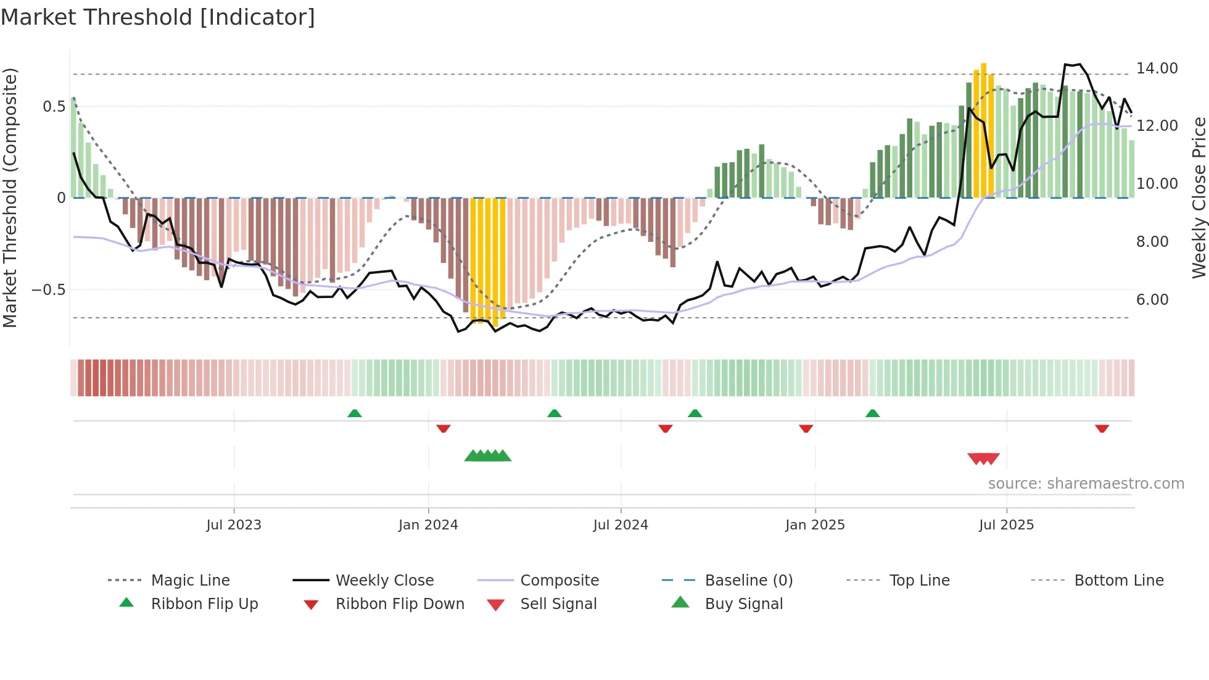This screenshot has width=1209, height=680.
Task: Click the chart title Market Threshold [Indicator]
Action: click(x=158, y=17)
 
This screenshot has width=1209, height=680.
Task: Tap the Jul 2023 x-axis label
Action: click(x=234, y=525)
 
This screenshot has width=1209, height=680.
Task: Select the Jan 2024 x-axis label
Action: click(x=428, y=525)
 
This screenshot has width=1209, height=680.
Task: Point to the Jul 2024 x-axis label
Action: click(x=621, y=525)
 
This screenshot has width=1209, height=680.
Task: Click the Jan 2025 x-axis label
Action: click(x=815, y=525)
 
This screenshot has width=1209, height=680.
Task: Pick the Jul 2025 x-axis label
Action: click(x=1006, y=525)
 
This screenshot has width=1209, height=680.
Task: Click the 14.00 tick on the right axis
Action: click(x=1157, y=68)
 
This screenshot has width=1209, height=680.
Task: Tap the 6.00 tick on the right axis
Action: click(x=1152, y=300)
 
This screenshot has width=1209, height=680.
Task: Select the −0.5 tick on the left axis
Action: click(x=49, y=290)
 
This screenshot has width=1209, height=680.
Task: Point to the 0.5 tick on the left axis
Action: click(x=54, y=107)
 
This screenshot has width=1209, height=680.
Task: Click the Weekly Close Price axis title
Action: click(x=1199, y=197)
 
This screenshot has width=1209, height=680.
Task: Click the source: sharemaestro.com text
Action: click(x=1086, y=484)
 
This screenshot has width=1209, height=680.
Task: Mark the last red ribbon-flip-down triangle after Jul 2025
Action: click(x=1102, y=428)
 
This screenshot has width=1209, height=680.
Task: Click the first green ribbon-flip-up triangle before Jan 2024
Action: click(x=355, y=413)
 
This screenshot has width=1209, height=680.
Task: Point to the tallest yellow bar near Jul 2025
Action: click(x=984, y=130)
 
